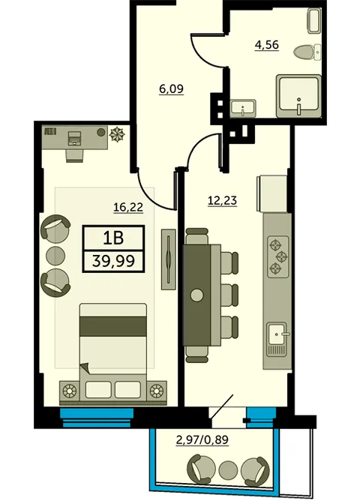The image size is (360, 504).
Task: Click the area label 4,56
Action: tap(266, 45)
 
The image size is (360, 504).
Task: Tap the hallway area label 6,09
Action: tap(171, 88)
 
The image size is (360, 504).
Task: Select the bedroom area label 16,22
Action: tap(128, 207)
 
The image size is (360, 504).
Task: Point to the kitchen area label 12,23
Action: tap(223, 200)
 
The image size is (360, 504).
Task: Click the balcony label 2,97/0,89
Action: tap(202, 439)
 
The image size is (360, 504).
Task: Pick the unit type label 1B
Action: tap(113, 238)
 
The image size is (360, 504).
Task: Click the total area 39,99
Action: tap(113, 261)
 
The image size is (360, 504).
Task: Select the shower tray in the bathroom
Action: tap(299, 96)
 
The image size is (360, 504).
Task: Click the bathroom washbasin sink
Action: tap(243, 108)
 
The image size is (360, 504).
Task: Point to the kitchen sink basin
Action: tap(277, 334)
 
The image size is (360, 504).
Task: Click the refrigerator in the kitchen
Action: tap(272, 193)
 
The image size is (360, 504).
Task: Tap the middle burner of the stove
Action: tap(282, 256)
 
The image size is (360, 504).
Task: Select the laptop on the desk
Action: tap(75, 138)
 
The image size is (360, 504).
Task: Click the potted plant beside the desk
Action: tap(117, 134)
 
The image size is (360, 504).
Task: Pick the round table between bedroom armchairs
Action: tap(55, 256)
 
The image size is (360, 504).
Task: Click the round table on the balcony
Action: tap(228, 470)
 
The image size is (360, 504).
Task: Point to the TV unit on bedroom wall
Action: tap(169, 259)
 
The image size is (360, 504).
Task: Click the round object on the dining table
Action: tap(196, 295)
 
